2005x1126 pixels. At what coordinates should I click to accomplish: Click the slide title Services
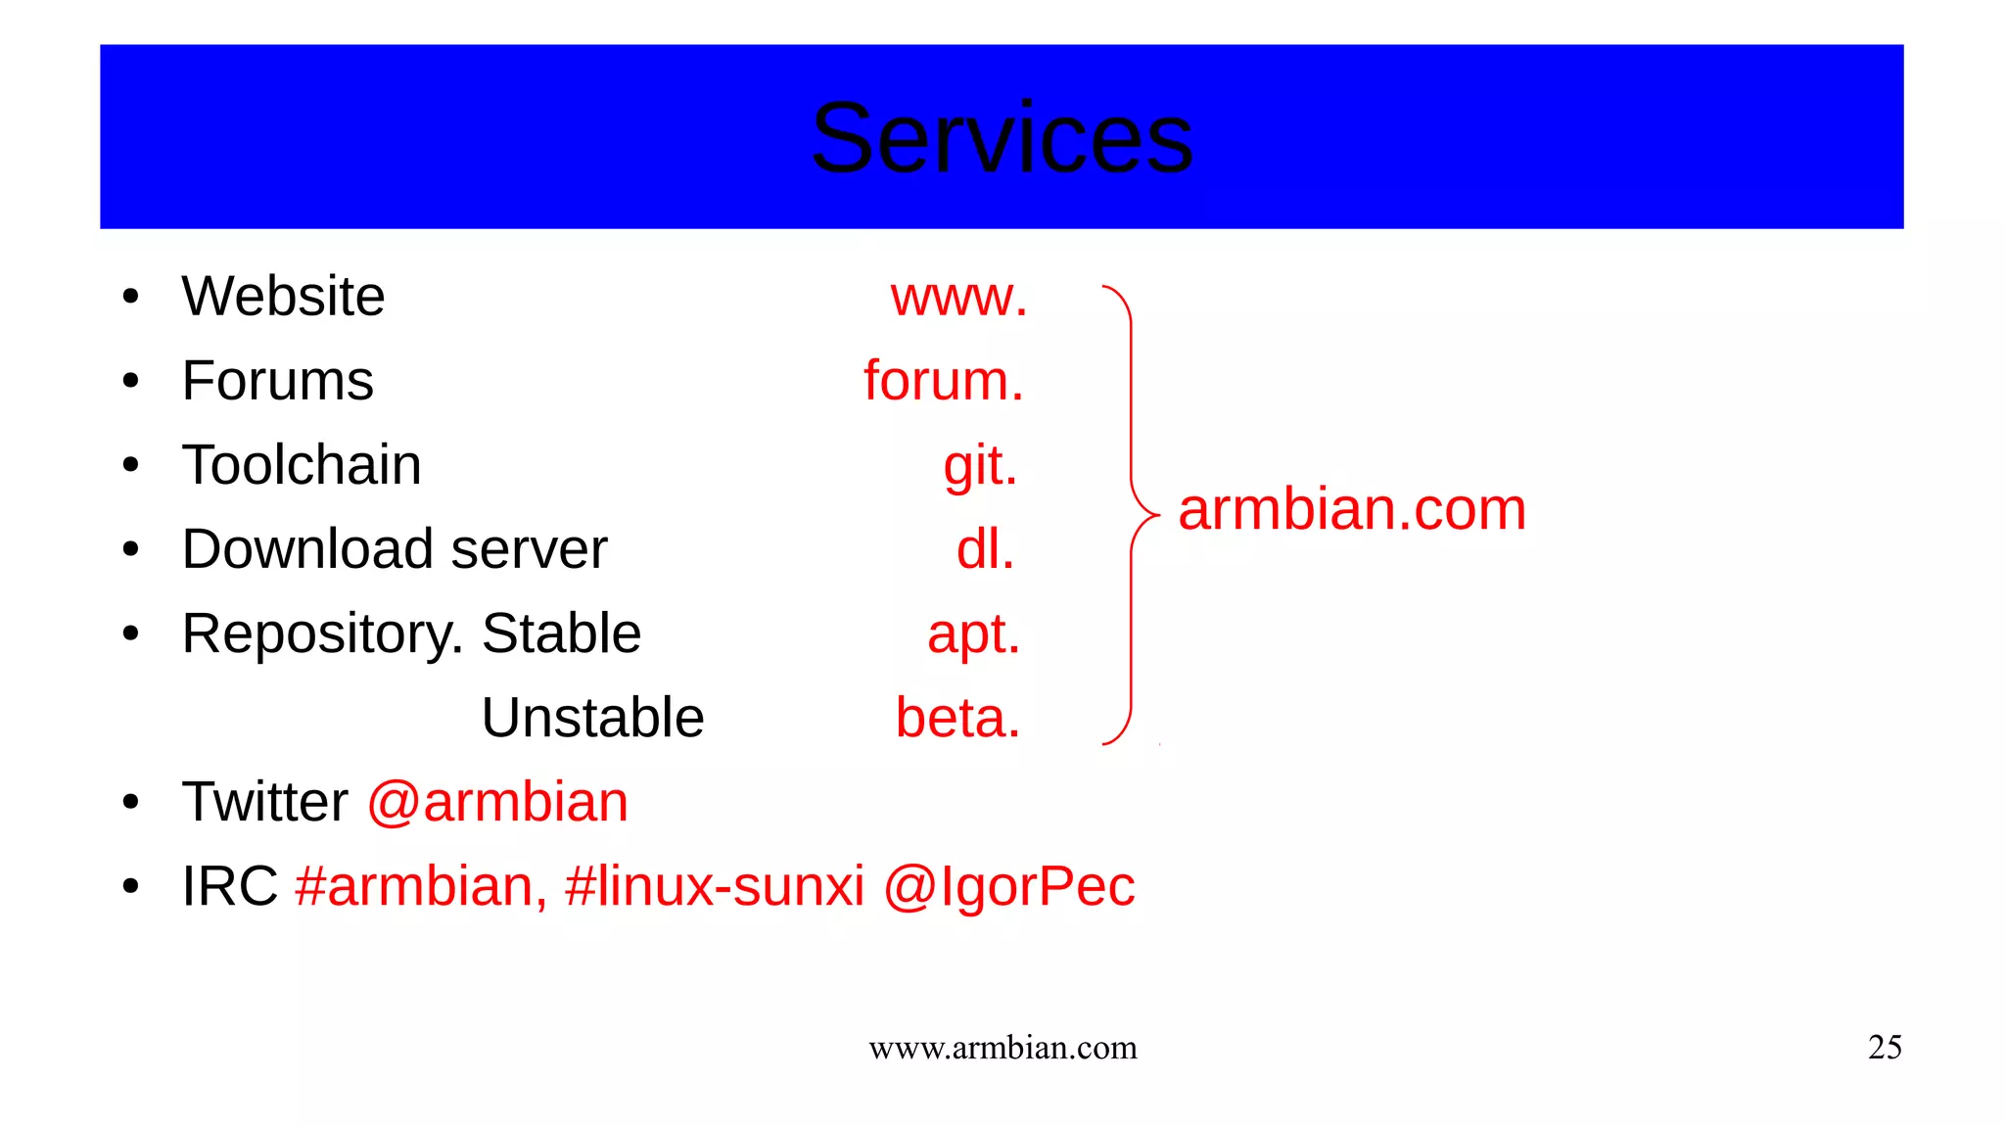(x=1002, y=139)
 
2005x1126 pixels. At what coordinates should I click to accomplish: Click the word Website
(x=283, y=297)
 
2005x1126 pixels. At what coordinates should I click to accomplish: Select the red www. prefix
(x=958, y=298)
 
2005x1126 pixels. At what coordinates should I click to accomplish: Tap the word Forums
(x=278, y=381)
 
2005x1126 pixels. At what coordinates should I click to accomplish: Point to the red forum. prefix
(x=943, y=381)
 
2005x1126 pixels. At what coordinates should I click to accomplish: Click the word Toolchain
(x=302, y=465)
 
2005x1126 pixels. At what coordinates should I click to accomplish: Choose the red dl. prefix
(x=985, y=549)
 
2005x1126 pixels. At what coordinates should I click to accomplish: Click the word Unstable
(x=592, y=718)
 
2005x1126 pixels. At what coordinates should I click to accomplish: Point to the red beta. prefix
(x=957, y=718)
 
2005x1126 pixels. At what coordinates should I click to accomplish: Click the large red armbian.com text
(x=1351, y=510)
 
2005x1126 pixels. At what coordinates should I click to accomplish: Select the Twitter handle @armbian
(x=497, y=802)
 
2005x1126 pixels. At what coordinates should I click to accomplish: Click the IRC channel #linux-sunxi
(x=715, y=886)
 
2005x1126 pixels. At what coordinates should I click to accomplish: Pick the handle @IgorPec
(x=1008, y=887)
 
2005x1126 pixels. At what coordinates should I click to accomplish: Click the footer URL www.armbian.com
(x=1002, y=1048)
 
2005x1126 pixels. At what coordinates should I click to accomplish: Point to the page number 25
(x=1885, y=1048)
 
